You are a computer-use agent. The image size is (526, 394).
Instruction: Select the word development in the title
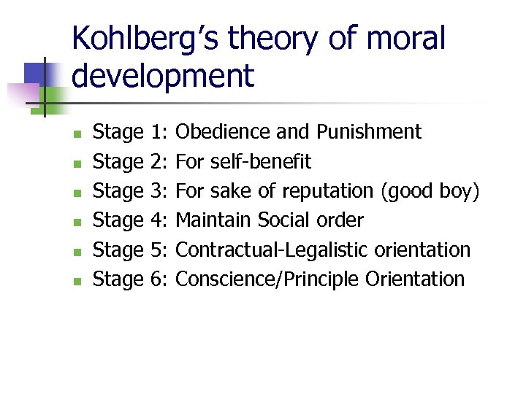[163, 75]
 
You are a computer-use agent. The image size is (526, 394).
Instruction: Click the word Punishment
[369, 132]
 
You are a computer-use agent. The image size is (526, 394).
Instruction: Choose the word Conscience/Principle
[268, 279]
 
